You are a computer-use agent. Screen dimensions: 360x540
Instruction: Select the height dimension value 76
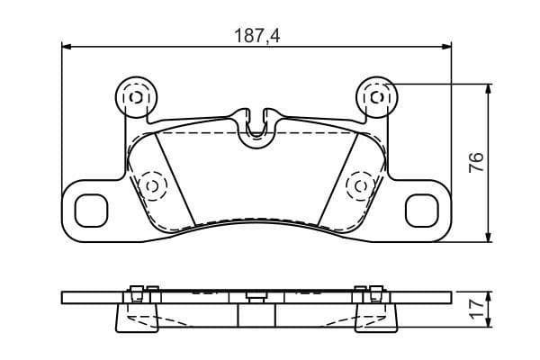478,162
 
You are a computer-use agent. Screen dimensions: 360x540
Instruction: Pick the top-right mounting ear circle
377,94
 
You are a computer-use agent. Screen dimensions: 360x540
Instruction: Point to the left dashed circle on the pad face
150,185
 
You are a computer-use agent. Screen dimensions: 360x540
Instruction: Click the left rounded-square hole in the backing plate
90,211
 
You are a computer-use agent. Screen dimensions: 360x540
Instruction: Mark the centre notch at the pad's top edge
256,126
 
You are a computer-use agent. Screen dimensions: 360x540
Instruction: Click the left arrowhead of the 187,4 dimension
67,48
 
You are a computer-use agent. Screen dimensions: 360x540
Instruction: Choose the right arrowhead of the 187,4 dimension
446,48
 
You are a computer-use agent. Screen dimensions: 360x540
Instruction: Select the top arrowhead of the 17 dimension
490,295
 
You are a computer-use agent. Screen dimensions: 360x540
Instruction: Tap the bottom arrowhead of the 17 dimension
490,326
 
